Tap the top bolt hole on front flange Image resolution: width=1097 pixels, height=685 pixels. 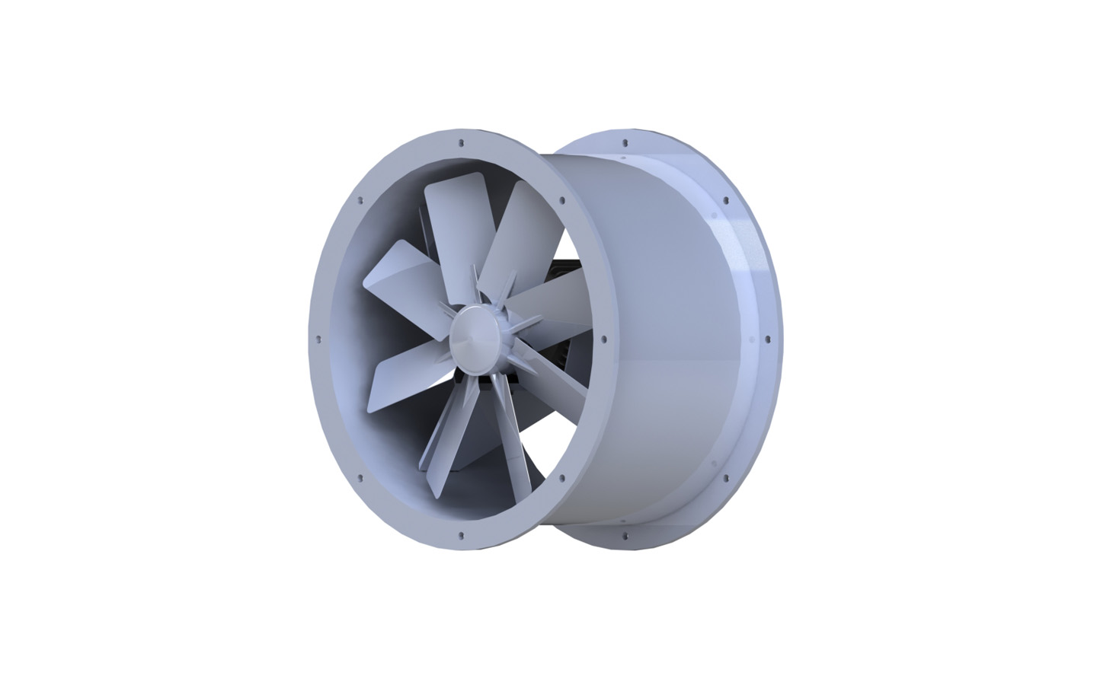[x=462, y=142]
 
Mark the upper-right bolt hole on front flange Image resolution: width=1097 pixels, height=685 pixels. [x=562, y=202]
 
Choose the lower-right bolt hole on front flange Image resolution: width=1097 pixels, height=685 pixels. [x=561, y=478]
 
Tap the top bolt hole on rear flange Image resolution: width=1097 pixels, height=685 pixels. [x=625, y=142]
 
